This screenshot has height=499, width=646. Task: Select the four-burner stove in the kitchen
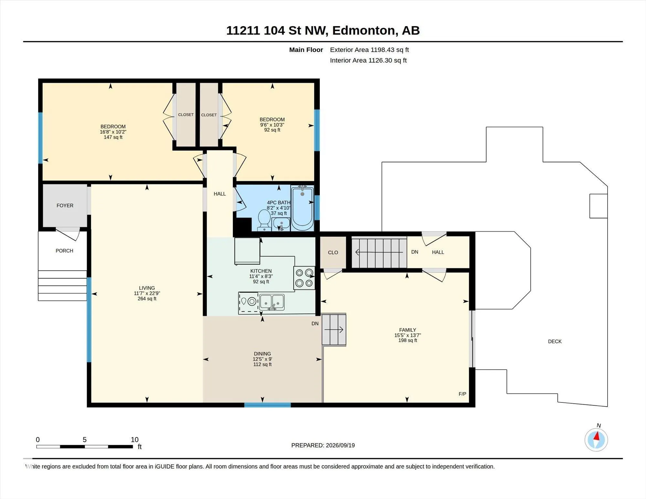coord(304,278)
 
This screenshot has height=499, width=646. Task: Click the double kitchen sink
coord(272,302)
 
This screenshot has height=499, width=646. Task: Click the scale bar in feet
coord(85,447)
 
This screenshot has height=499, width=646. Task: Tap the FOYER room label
coord(65,205)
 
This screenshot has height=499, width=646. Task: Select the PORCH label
coord(64,251)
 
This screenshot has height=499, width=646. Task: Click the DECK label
coord(555,341)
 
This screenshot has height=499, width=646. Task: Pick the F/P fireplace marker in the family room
coord(462,394)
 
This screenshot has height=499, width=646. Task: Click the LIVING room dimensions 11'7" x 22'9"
coord(147,293)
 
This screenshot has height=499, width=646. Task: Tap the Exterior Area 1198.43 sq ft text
coord(370,50)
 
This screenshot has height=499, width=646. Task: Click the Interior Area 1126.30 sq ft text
coord(368,60)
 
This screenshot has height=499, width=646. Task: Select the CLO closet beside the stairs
coord(333,253)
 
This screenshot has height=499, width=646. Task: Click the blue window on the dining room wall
coord(267,405)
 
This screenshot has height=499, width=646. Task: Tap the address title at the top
coord(323,30)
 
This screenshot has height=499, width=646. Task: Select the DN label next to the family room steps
coord(315,324)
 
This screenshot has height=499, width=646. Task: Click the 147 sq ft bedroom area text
coord(113,137)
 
